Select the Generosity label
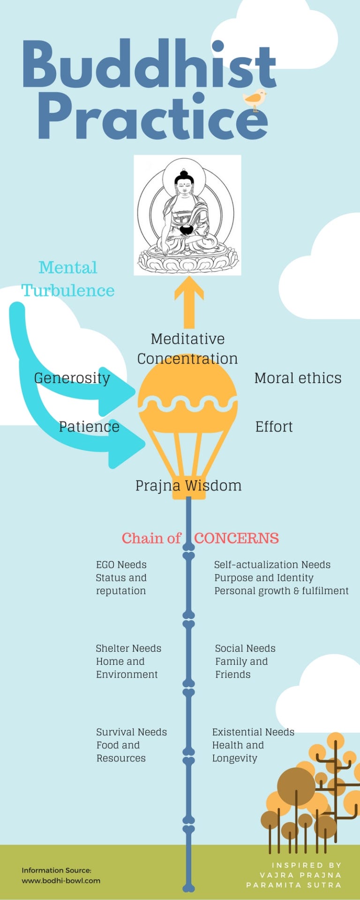click(x=72, y=378)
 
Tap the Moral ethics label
click(x=298, y=378)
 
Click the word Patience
click(x=89, y=427)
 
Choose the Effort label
click(x=274, y=427)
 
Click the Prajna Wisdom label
click(x=188, y=485)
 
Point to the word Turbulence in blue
click(x=68, y=291)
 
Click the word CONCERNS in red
click(x=236, y=538)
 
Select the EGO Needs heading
click(x=121, y=565)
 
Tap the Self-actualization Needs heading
click(x=272, y=565)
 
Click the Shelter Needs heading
click(x=128, y=648)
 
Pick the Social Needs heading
click(x=245, y=648)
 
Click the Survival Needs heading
click(x=132, y=732)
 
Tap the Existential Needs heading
click(x=253, y=732)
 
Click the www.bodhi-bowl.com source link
click(x=61, y=880)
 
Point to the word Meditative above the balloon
click(x=187, y=339)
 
